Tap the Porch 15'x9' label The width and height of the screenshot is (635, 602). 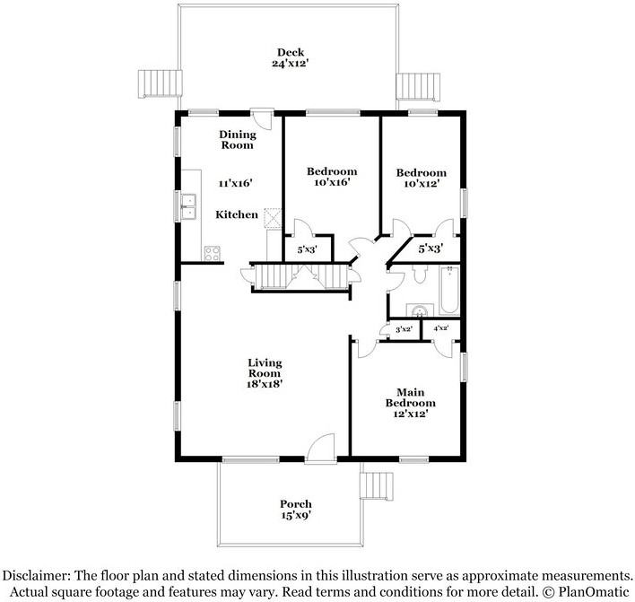tap(295, 510)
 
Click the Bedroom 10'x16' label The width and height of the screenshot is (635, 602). tap(331, 177)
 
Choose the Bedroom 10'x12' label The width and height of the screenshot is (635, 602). tap(421, 178)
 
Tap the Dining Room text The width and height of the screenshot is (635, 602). tap(238, 140)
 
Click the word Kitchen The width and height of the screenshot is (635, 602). tap(237, 214)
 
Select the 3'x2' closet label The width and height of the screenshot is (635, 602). tap(403, 329)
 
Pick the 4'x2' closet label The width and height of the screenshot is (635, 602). tap(440, 329)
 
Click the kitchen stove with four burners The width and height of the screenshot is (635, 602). tap(213, 254)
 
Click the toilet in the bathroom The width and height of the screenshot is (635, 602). tap(418, 278)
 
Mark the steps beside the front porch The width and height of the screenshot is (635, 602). tap(377, 485)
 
